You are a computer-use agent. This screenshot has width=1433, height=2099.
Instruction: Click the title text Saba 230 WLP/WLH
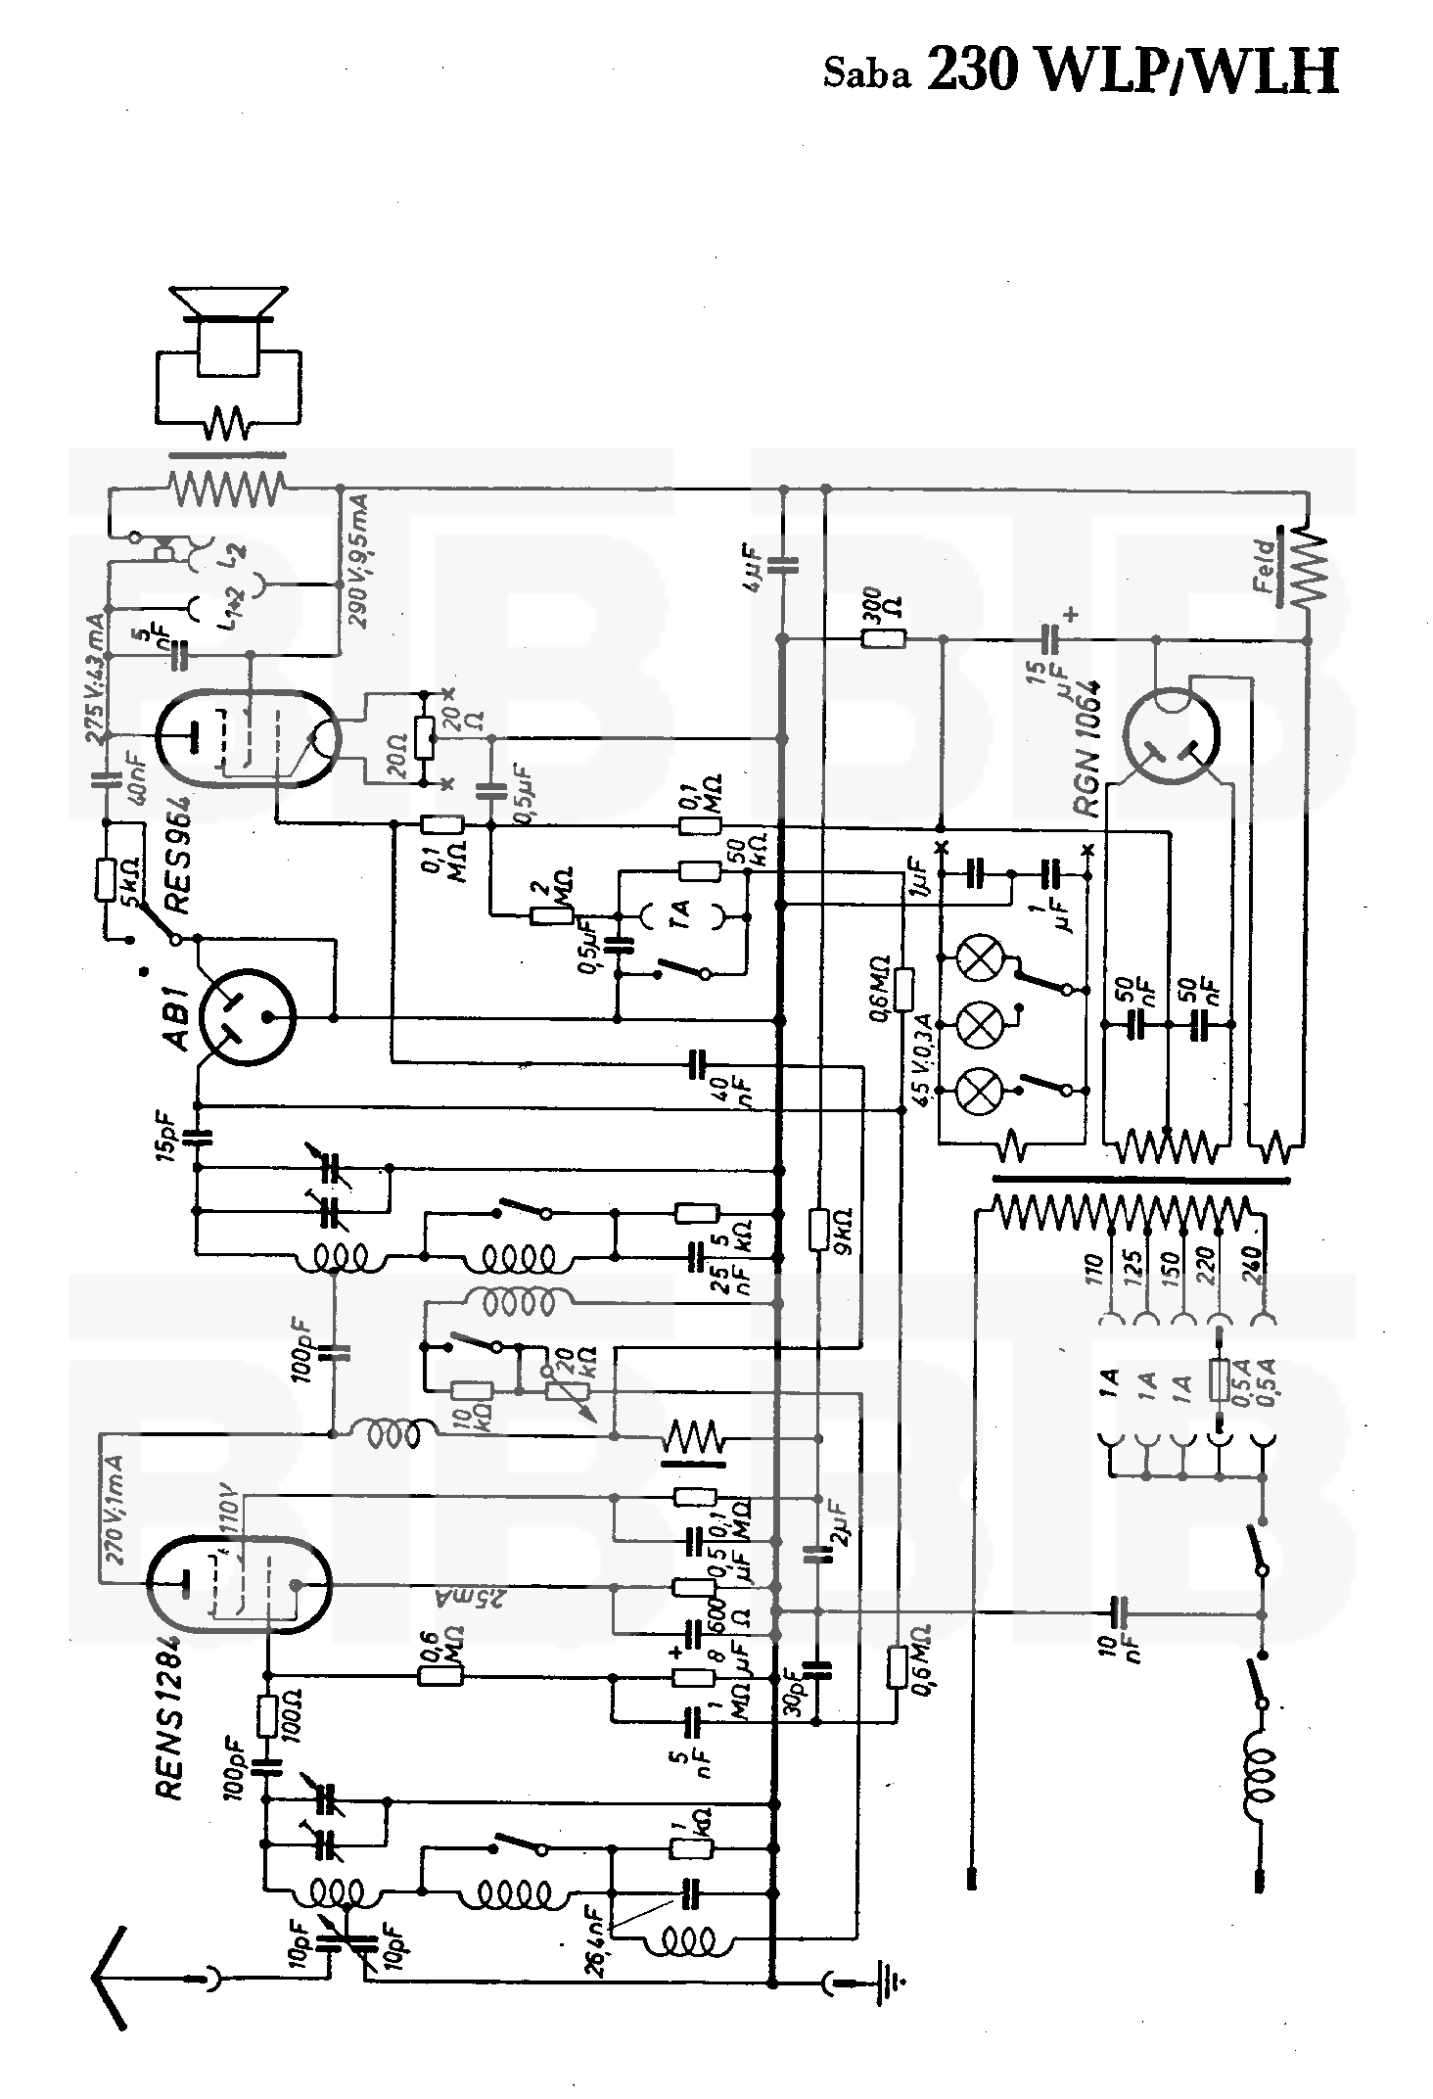[x=1081, y=70]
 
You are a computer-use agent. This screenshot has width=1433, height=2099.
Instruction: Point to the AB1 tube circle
[x=246, y=1017]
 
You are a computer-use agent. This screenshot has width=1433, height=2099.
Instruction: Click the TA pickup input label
[x=682, y=912]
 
